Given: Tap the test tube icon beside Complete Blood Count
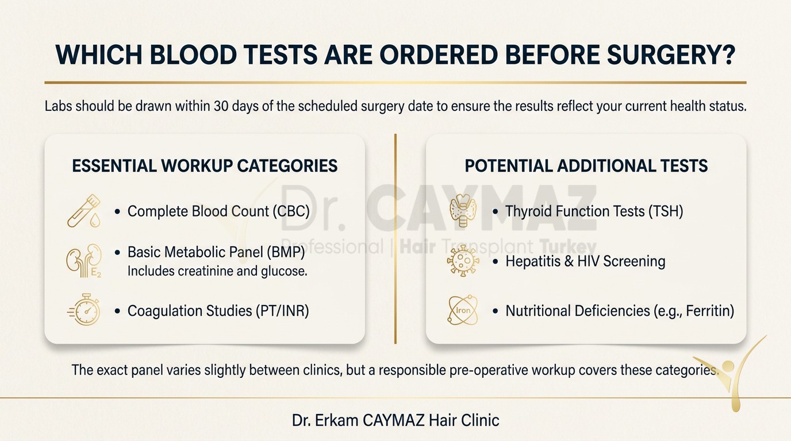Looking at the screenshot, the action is tap(84, 211).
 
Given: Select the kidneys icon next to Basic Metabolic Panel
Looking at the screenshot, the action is tap(84, 261).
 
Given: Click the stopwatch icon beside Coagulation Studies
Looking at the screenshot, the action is tap(84, 310).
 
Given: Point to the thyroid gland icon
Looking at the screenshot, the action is tap(463, 211).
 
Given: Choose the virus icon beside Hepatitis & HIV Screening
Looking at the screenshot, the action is tap(463, 261).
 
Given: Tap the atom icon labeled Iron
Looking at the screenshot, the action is tap(463, 310).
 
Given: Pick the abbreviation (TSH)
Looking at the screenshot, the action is tap(665, 211).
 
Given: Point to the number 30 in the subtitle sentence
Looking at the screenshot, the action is tap(221, 106).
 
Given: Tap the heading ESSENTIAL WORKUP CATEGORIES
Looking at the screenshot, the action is tap(205, 166).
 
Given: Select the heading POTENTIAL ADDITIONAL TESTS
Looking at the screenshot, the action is tap(586, 166).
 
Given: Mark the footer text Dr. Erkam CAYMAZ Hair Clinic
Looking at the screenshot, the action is tap(395, 420).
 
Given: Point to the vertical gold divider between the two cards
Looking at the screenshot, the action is tap(395, 238).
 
